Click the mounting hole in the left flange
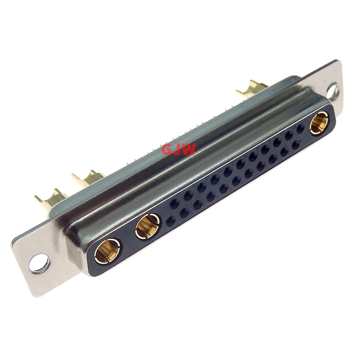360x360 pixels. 40,263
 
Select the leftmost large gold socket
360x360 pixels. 107,251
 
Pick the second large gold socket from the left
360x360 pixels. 148,226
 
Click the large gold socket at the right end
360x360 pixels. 319,123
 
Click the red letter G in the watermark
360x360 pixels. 167,149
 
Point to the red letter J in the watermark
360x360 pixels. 178,149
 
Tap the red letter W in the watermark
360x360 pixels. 189,149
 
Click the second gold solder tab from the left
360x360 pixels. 88,178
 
